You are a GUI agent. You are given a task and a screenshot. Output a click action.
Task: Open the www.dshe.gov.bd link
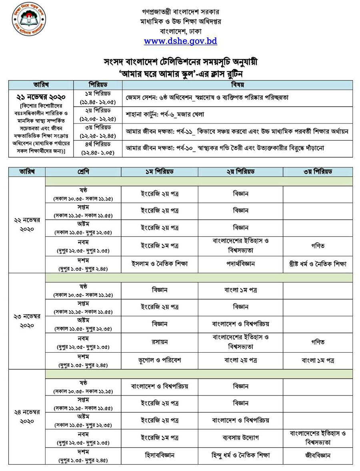click(x=180, y=41)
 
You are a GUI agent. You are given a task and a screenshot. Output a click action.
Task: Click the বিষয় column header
click(x=238, y=85)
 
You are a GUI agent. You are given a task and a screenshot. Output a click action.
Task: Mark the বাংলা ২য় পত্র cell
click(x=240, y=360)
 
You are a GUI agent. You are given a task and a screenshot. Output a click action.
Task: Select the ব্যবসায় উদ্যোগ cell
click(x=240, y=437)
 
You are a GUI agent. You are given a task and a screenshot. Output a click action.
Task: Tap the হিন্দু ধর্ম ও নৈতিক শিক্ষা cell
click(x=240, y=455)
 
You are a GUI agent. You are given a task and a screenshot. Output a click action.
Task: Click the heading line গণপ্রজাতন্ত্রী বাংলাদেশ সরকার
click(x=180, y=12)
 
